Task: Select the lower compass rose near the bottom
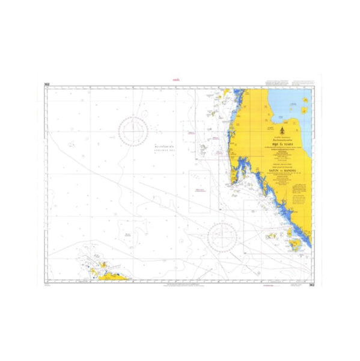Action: coord(222,236)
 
